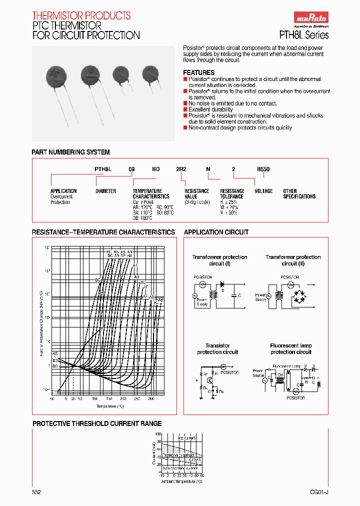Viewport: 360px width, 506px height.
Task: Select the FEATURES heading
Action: [x=199, y=72]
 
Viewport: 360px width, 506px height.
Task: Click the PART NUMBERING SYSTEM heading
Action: [x=70, y=152]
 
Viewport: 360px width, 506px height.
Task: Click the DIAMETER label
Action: [x=105, y=191]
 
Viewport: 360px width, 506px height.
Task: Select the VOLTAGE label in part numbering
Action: [x=263, y=191]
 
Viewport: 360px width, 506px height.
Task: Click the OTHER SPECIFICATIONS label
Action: [x=299, y=194]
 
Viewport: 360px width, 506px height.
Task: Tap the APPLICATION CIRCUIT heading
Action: [x=216, y=232]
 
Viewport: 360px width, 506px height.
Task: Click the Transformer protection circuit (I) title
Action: [x=219, y=260]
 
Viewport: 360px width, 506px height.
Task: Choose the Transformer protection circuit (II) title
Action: [x=293, y=260]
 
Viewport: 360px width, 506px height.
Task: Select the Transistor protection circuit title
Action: [x=217, y=349]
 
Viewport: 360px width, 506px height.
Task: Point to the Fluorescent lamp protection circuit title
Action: [x=291, y=349]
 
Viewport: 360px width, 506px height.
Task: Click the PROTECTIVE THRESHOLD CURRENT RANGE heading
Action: [x=97, y=423]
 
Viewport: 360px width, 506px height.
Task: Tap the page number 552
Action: [x=36, y=492]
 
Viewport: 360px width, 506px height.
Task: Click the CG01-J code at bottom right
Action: [x=318, y=492]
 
